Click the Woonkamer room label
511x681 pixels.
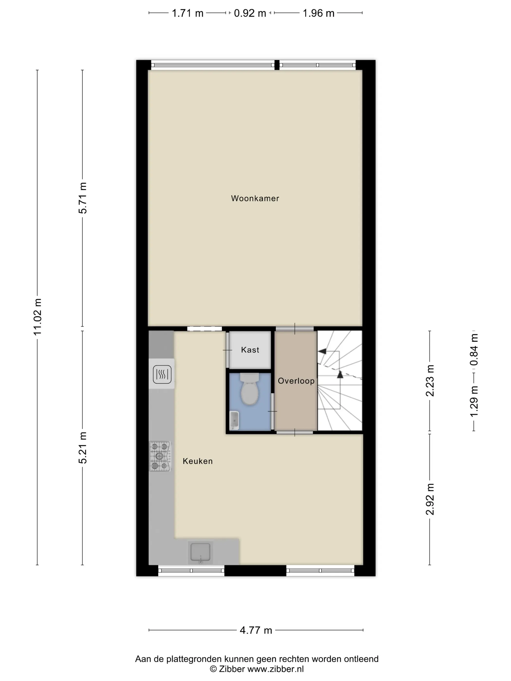click(x=255, y=198)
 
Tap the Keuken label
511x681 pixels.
click(x=197, y=461)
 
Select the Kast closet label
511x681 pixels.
click(x=250, y=350)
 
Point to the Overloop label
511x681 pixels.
click(x=296, y=381)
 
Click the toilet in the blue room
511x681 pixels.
click(x=249, y=389)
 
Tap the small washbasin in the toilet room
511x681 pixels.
click(x=234, y=420)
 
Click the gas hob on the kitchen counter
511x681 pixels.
click(x=160, y=456)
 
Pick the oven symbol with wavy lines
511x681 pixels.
click(x=162, y=374)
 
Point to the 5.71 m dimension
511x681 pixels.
click(x=82, y=198)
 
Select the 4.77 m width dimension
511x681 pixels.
click(x=256, y=630)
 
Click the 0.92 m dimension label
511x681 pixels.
click(x=250, y=13)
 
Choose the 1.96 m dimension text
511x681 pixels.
click(x=319, y=13)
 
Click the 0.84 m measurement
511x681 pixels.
click(x=474, y=350)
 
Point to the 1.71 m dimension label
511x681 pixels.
click(x=188, y=13)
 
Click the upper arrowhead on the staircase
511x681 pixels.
click(x=322, y=351)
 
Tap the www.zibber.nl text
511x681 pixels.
click(x=276, y=669)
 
